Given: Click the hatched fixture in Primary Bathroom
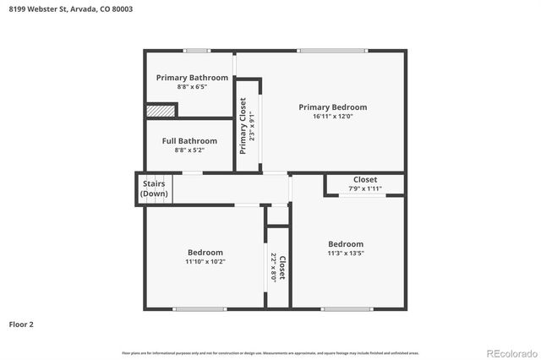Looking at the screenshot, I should click(x=160, y=110).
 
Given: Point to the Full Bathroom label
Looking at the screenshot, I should click(x=189, y=141).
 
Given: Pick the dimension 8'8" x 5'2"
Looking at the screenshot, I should click(x=189, y=150).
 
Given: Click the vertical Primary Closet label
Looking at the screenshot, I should click(x=243, y=126).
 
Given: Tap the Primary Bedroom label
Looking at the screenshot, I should click(x=333, y=107).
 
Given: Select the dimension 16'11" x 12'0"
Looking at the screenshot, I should click(x=333, y=117).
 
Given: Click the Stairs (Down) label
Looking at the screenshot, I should click(x=154, y=188).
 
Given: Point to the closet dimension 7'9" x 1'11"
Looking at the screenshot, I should click(x=365, y=188).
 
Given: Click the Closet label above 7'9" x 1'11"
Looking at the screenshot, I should click(x=365, y=179).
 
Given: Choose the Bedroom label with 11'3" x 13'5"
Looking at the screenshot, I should click(x=346, y=244).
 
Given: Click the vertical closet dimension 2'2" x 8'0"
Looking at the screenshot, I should click(x=273, y=267).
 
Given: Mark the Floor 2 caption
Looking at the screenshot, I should click(x=21, y=324).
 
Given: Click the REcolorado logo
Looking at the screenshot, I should click(x=510, y=352).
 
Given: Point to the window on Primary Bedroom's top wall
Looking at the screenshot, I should click(x=331, y=51).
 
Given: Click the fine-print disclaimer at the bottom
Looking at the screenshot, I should click(x=270, y=352).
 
